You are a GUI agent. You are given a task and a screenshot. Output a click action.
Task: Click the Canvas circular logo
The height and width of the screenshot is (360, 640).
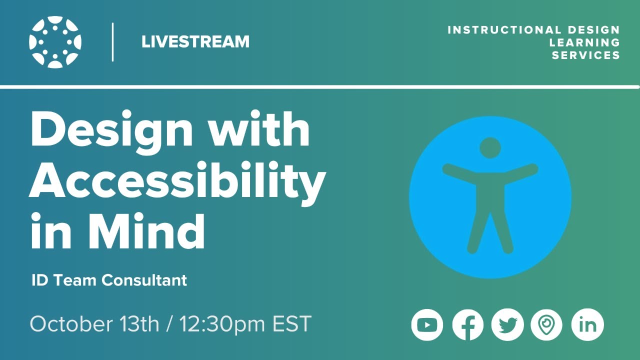coord(55,42)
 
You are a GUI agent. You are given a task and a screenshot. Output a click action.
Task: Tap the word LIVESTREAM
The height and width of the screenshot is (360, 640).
coord(195,42)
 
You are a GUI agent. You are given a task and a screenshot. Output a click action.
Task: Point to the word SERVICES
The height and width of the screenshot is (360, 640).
coord(586,55)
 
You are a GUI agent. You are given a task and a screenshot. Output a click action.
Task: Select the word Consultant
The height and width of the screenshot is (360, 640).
coord(145,280)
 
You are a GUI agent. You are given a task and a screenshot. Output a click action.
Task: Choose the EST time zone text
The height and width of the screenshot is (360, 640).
coord(292,324)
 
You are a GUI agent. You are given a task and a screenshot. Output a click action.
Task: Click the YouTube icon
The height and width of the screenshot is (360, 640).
coord(427,325)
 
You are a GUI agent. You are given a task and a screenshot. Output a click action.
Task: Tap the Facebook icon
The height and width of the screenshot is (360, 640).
coord(467,325)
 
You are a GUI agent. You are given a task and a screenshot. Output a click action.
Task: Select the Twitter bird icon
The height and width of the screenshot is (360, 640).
coord(507,325)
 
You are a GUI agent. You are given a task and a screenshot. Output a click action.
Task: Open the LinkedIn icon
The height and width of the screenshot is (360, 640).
coord(587,325)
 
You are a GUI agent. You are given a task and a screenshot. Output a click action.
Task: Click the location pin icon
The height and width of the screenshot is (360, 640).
coord(546,325)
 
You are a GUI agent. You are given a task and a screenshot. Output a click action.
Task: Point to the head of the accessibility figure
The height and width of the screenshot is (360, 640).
coord(490,147)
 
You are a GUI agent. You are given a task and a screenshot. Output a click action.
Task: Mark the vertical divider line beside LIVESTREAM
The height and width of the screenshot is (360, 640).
coord(112,42)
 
